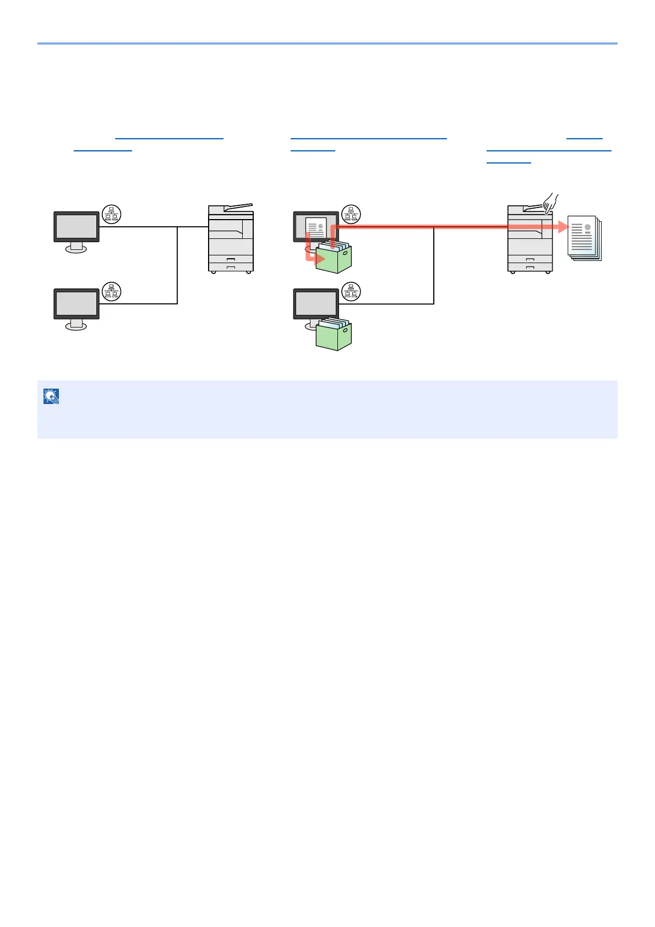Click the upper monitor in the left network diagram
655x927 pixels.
(x=77, y=226)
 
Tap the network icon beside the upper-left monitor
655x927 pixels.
(x=112, y=215)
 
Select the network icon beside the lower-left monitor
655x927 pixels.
(x=112, y=292)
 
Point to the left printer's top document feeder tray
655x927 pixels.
(x=238, y=208)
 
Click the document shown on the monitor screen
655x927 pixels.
(x=316, y=228)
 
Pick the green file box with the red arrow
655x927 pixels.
(x=334, y=259)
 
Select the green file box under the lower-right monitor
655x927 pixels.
(x=334, y=335)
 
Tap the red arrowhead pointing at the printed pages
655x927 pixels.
(x=563, y=226)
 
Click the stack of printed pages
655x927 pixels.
(x=584, y=238)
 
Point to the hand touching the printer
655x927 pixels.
(x=550, y=203)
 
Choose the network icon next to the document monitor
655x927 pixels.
(x=351, y=215)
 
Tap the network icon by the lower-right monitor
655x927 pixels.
(x=351, y=292)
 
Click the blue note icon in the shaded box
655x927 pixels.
(x=51, y=396)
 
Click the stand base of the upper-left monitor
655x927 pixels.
(x=76, y=249)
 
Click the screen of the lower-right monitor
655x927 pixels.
(x=316, y=303)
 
